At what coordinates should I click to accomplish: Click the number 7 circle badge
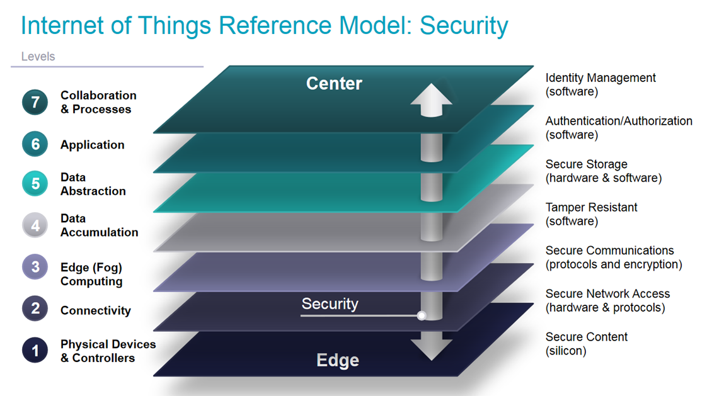[x=35, y=103]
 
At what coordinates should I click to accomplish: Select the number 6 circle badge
[x=35, y=145]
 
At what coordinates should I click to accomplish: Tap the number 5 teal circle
[x=35, y=184]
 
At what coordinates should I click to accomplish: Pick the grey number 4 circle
[x=35, y=225]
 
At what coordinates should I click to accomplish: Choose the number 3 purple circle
[x=35, y=267]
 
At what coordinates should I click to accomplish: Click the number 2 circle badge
[x=35, y=308]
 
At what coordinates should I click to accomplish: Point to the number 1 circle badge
[x=35, y=351]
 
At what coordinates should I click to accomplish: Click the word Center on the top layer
[x=334, y=83]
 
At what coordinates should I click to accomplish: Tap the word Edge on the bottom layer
[x=338, y=360]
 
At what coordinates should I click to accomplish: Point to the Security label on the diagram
[x=330, y=303]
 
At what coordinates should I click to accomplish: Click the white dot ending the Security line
[x=422, y=315]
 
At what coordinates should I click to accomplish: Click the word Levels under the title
[x=38, y=57]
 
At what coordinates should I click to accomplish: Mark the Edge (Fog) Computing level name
[x=91, y=274]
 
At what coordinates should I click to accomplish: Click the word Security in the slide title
[x=464, y=26]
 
